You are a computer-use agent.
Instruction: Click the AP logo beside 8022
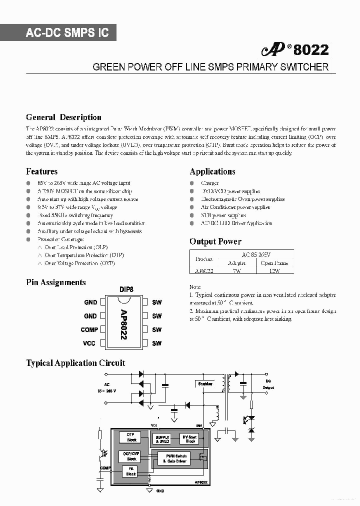click(273, 50)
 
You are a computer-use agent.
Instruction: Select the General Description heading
click(63, 117)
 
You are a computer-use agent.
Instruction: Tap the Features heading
click(41, 171)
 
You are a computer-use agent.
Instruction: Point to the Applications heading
click(212, 171)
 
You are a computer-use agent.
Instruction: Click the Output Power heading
click(215, 241)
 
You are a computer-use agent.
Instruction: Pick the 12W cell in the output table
click(274, 270)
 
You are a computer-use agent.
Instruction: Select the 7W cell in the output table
click(236, 270)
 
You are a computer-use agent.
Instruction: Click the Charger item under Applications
click(210, 183)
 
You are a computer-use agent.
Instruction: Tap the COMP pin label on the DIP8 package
click(89, 329)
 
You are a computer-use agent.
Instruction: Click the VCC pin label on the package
click(89, 343)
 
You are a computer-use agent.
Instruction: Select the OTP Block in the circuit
click(131, 437)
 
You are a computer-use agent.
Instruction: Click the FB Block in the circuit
click(131, 471)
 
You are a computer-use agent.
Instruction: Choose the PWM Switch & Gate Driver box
click(174, 458)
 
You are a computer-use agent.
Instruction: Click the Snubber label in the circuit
click(205, 383)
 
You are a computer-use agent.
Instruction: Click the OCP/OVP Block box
click(131, 456)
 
